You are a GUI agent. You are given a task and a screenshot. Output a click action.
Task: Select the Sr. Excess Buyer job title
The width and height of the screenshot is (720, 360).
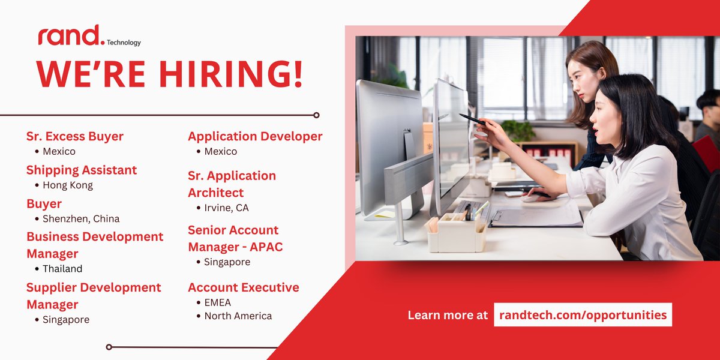[75, 136]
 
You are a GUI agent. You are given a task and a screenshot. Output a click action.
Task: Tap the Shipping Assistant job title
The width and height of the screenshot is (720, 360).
[82, 170]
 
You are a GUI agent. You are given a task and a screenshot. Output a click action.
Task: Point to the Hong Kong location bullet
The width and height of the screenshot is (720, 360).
[68, 185]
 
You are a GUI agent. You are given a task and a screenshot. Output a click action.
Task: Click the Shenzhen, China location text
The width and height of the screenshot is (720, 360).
[81, 219]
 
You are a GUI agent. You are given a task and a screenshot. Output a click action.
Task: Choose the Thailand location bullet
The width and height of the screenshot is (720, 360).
[62, 269]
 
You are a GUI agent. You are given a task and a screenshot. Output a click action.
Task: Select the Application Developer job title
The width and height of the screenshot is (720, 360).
[255, 136]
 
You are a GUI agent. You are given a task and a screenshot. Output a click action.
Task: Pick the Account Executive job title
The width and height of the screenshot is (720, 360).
[244, 287]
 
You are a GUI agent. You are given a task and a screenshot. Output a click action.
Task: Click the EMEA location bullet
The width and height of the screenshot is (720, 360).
[217, 303]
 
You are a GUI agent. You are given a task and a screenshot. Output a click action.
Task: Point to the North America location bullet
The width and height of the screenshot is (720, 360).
[238, 316]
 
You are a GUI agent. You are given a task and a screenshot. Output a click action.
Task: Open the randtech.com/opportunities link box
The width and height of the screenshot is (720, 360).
[583, 315]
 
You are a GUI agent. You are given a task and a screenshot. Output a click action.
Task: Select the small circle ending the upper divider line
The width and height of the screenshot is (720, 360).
[316, 115]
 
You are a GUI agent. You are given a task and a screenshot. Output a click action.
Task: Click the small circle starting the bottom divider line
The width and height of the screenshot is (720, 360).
[109, 347]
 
